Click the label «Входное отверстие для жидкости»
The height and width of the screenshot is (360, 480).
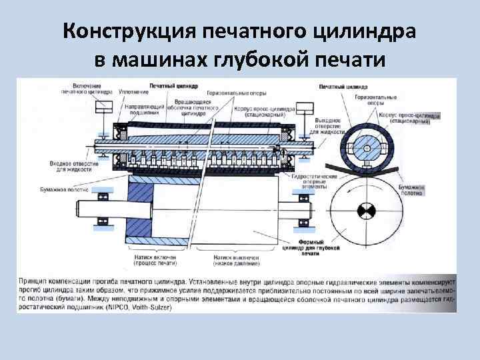[x=68, y=166]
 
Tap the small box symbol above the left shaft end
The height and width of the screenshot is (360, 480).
[x=104, y=108]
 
